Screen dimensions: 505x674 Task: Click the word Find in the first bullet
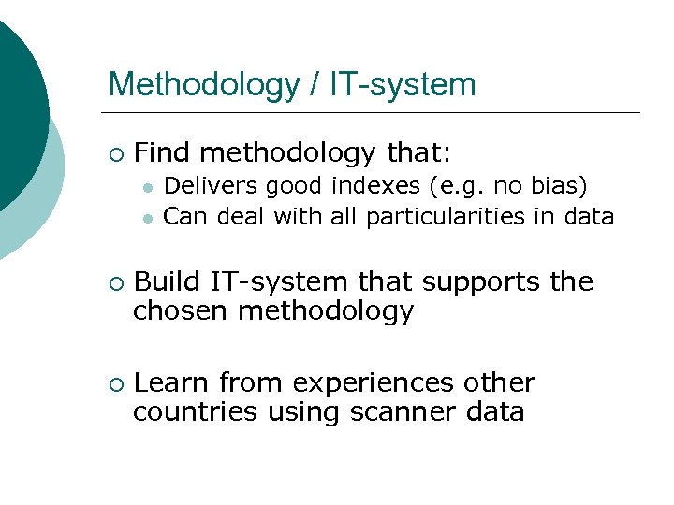pyautogui.click(x=163, y=151)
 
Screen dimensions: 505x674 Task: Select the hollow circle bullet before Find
pyautogui.click(x=114, y=152)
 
